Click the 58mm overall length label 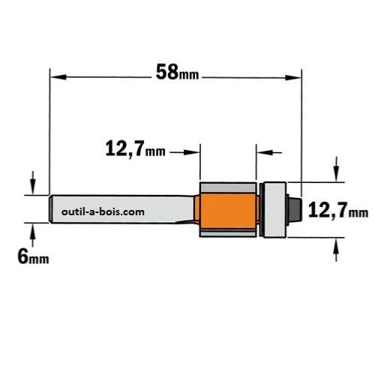[x=177, y=72]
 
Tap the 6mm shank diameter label [x=33, y=256]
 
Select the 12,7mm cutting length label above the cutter [x=135, y=148]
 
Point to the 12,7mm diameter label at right [x=338, y=210]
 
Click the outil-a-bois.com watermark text [x=103, y=212]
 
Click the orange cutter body [x=228, y=211]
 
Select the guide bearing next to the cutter [x=275, y=210]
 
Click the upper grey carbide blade [x=228, y=187]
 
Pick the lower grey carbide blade [x=228, y=232]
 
